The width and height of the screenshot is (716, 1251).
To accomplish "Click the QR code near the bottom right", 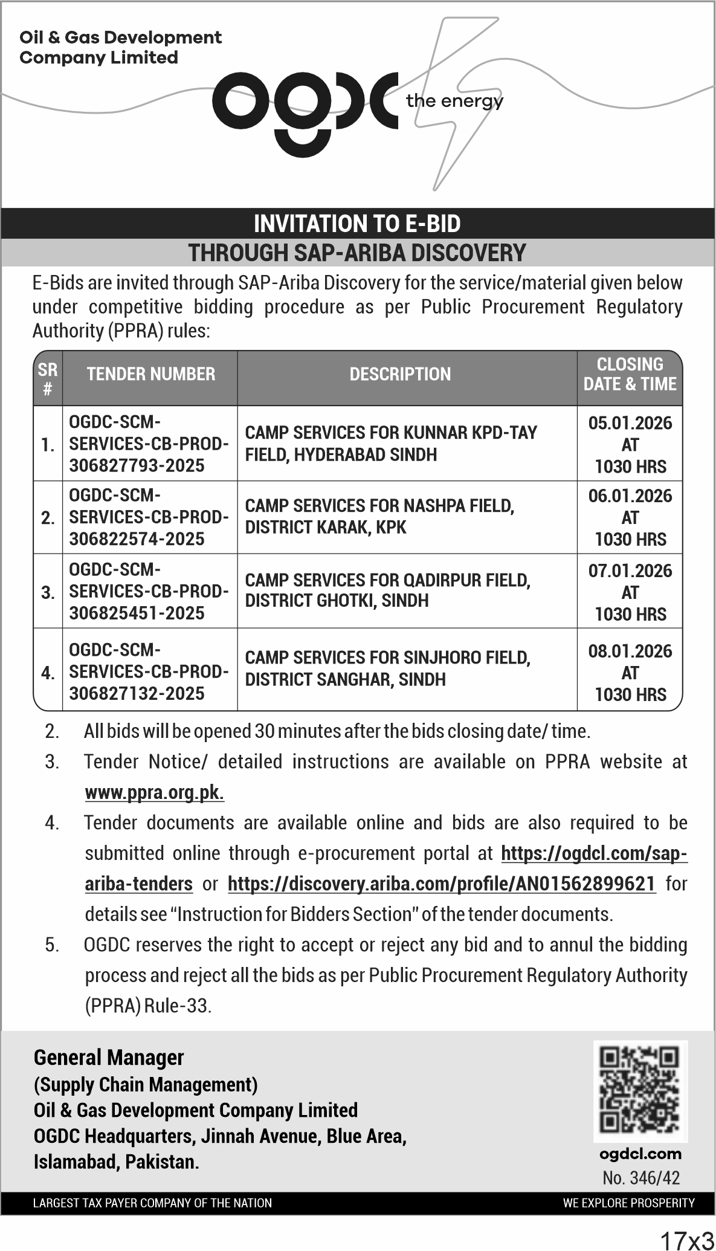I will click(x=640, y=1091).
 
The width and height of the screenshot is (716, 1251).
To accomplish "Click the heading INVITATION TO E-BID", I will click(x=357, y=224).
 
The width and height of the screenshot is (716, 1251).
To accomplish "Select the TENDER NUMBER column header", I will click(x=150, y=374).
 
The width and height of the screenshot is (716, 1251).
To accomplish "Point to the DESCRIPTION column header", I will click(x=400, y=374).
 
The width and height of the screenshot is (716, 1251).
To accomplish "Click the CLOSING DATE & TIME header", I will click(x=630, y=374).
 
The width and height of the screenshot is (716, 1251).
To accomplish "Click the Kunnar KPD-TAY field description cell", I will click(x=390, y=444).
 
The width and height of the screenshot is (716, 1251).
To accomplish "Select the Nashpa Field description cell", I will click(x=379, y=517).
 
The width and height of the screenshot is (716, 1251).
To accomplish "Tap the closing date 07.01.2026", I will click(x=630, y=571).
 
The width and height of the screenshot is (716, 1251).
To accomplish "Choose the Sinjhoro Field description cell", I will click(x=387, y=668).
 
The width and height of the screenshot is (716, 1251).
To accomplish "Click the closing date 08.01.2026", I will click(x=630, y=651).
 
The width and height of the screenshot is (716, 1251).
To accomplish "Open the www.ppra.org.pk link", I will click(x=155, y=792).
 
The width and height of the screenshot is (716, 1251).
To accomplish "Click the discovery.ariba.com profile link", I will click(x=442, y=884).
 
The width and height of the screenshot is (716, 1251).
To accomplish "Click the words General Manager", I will click(x=109, y=1058).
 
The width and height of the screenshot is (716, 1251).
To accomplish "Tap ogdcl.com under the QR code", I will click(x=640, y=1154).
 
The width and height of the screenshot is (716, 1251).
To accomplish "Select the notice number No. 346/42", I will click(x=640, y=1177).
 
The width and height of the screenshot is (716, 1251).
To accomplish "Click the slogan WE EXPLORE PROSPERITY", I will click(x=628, y=1203).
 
